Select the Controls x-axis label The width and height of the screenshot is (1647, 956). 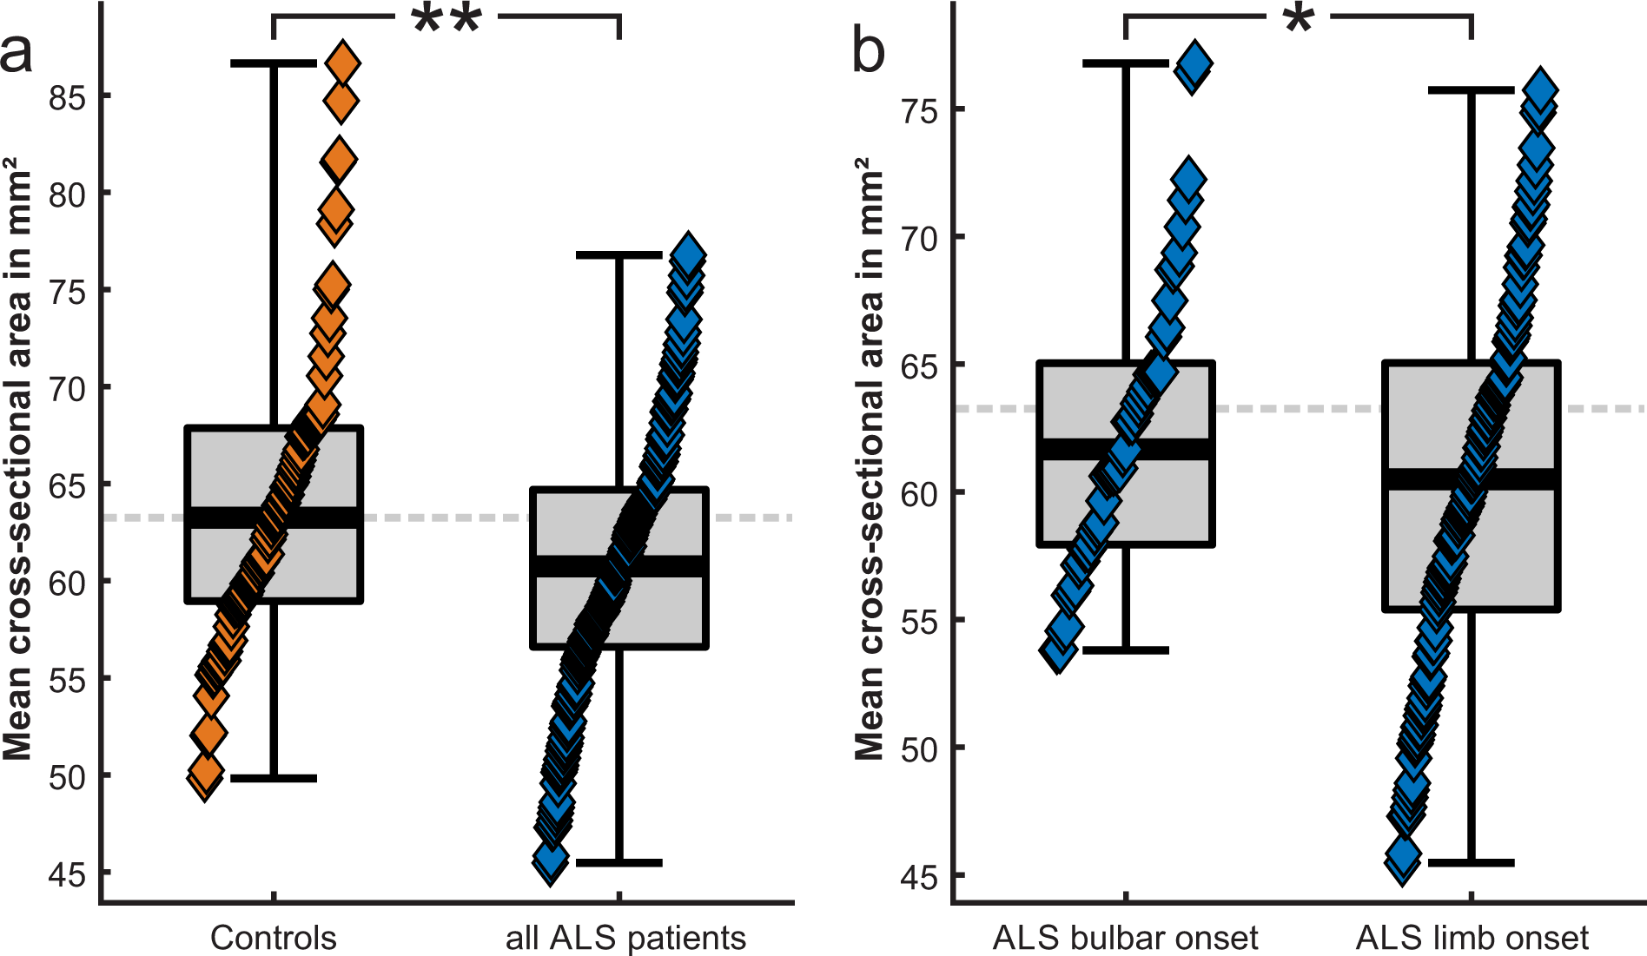click(x=273, y=938)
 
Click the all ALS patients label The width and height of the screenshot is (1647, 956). click(x=625, y=938)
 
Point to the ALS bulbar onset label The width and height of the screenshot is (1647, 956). click(x=1125, y=938)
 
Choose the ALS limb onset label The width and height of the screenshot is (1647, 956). click(x=1472, y=938)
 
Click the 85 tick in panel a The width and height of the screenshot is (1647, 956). click(x=67, y=97)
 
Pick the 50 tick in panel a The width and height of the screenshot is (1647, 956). click(x=67, y=777)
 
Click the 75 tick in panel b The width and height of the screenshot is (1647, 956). click(x=919, y=111)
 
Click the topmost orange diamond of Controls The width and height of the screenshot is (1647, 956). click(x=342, y=63)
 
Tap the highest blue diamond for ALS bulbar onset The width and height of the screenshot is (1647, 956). click(x=1195, y=63)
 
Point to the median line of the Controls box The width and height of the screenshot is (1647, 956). click(x=274, y=518)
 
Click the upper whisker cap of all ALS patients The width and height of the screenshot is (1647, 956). click(x=619, y=255)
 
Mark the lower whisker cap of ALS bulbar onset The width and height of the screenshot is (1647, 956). click(x=1126, y=649)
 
